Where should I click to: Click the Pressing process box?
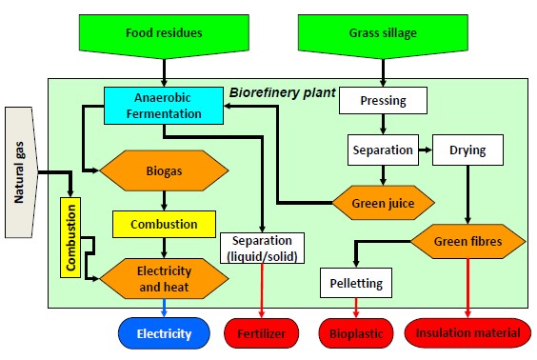[x=381, y=99]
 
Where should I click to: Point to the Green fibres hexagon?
[x=468, y=240]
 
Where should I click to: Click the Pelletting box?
[x=357, y=283]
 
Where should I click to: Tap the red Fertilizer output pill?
[x=262, y=333]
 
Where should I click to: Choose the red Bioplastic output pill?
[x=357, y=333]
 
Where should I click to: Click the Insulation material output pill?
[x=467, y=333]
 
